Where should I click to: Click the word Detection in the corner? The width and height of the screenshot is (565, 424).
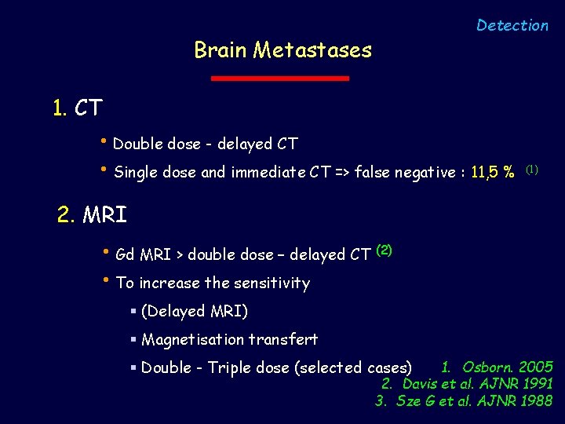[512, 26]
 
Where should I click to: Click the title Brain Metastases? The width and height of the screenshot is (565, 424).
[282, 51]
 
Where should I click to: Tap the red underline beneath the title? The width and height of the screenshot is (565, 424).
[281, 79]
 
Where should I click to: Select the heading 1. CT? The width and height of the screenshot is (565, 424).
[78, 108]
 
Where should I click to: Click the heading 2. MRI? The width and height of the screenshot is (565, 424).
[92, 214]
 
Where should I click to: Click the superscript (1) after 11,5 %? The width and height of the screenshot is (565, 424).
[532, 169]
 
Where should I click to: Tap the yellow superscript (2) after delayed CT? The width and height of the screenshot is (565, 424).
[385, 250]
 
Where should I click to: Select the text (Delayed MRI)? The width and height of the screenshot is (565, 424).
[195, 312]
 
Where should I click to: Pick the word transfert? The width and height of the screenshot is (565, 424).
[288, 340]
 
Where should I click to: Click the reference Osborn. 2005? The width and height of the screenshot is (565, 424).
[507, 367]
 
